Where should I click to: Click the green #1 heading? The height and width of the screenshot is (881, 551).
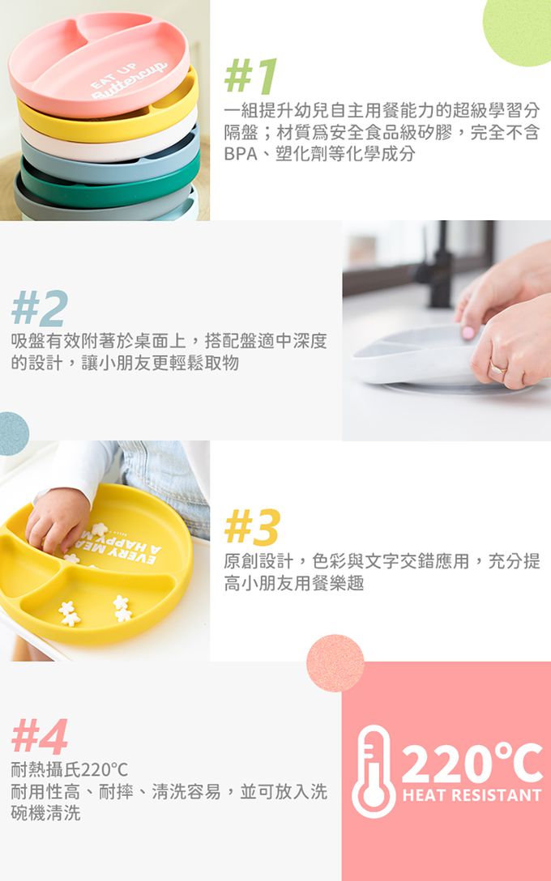tap(250, 76)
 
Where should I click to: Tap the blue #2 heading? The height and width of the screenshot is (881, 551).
tap(40, 309)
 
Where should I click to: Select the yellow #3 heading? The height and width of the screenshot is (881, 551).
tap(252, 527)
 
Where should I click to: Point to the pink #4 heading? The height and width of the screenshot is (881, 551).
tap(40, 736)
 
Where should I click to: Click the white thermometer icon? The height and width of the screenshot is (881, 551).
tap(374, 772)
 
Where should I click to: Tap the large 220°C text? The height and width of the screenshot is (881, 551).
tap(472, 763)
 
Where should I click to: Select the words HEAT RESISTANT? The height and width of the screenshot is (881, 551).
tap(472, 795)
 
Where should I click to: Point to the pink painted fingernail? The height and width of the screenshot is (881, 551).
tap(468, 333)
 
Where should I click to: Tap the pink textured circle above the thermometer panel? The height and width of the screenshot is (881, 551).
tap(335, 663)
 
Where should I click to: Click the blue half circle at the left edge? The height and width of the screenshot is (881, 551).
tap(14, 433)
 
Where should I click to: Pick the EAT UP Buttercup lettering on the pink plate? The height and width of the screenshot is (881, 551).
tap(129, 80)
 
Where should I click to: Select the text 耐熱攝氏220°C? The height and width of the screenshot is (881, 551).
tap(70, 768)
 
